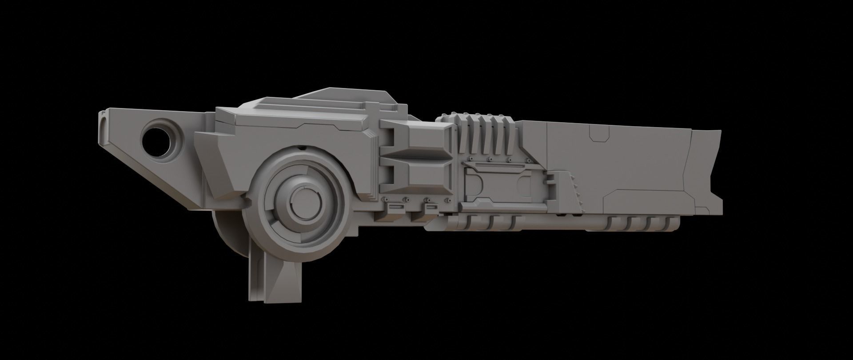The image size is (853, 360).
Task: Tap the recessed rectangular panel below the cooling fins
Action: [x=502, y=182]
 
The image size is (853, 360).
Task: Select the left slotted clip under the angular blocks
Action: [x=395, y=207]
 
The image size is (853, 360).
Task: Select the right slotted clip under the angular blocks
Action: [x=431, y=207]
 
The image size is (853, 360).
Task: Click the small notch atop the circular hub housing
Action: [x=303, y=147]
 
